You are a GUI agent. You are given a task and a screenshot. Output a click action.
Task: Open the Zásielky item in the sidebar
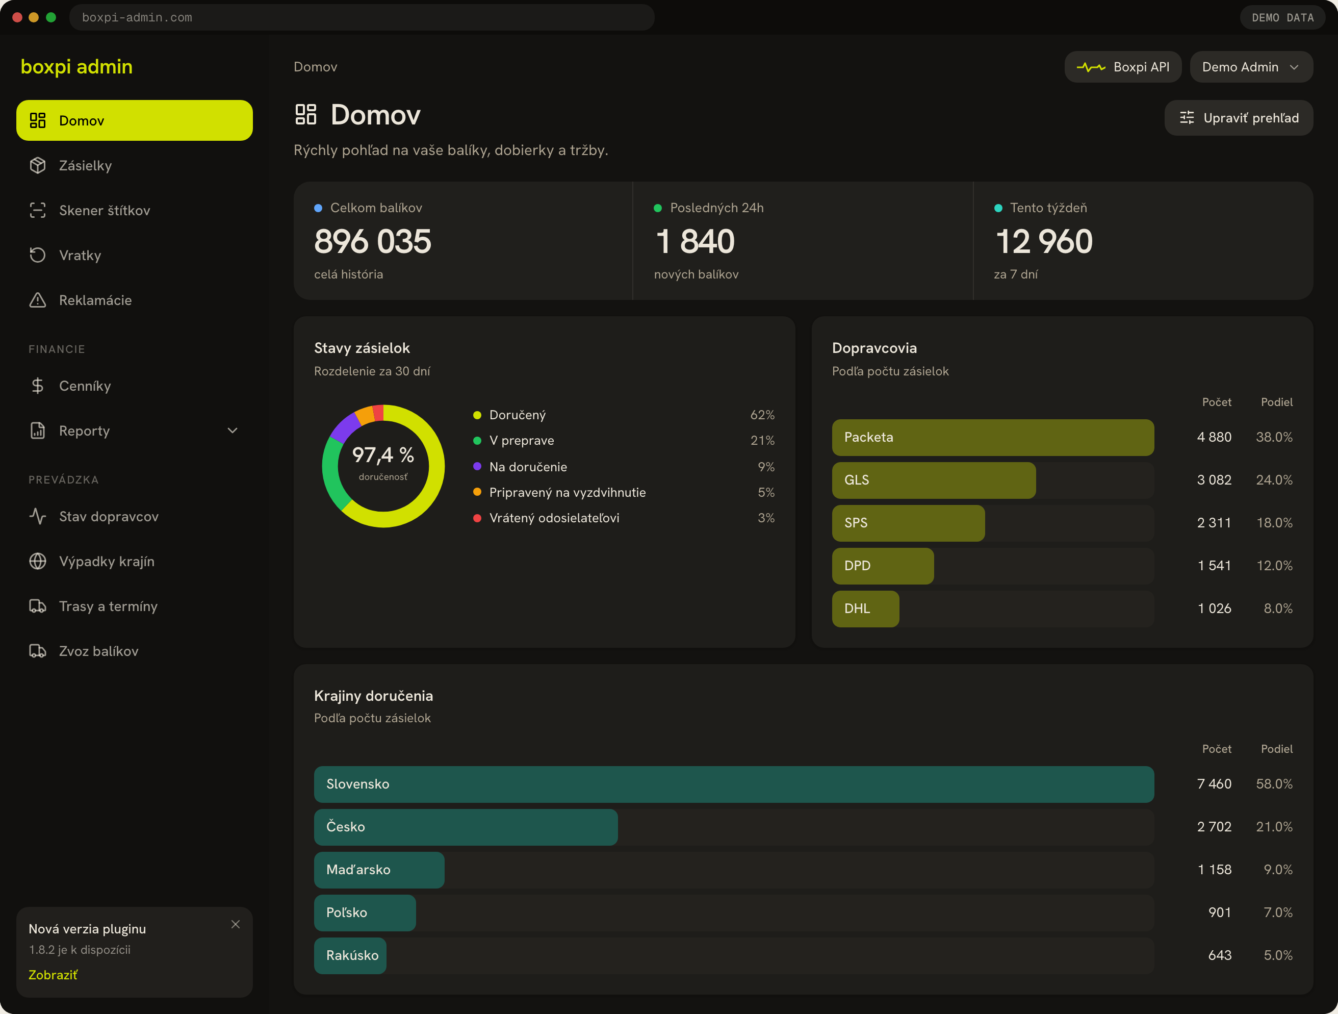(x=85, y=165)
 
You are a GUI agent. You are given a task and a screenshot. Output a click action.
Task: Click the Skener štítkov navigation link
(x=104, y=210)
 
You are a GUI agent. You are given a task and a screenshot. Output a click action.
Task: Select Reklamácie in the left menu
(x=95, y=300)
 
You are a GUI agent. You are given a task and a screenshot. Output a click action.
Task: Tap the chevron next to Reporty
(x=233, y=431)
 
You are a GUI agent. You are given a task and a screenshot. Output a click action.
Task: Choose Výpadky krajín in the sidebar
(x=107, y=562)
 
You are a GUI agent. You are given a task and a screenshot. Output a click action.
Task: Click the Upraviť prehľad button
(x=1238, y=118)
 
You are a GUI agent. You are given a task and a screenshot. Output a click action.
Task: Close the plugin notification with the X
(x=235, y=924)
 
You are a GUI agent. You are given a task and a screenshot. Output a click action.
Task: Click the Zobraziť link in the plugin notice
(x=53, y=975)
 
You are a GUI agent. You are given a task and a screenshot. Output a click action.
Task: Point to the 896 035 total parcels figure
(x=373, y=241)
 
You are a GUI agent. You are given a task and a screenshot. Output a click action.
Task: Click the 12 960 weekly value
(x=1044, y=241)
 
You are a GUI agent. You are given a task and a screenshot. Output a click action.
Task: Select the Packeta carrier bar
(x=993, y=438)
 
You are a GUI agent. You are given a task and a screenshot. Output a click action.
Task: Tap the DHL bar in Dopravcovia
(x=866, y=609)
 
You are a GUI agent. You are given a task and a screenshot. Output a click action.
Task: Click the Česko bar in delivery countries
(x=466, y=827)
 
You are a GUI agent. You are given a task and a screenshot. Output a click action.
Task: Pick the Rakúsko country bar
(x=350, y=955)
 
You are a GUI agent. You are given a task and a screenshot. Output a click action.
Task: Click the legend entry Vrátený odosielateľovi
(x=554, y=518)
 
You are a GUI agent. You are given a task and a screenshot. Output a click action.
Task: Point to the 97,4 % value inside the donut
(x=383, y=454)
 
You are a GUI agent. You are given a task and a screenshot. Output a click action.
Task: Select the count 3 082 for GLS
(x=1214, y=480)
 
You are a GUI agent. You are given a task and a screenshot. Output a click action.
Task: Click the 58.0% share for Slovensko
(x=1274, y=784)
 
